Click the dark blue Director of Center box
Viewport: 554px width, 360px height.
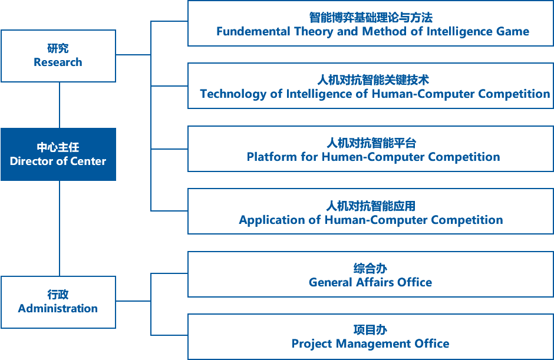pos(58,154)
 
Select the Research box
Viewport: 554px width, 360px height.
pos(58,56)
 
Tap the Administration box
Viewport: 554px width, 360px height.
pos(58,302)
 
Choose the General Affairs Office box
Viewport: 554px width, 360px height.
pos(370,275)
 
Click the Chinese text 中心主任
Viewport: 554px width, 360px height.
pos(58,147)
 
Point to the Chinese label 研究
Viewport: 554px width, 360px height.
pos(58,49)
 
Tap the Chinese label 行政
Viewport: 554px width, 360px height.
pos(58,295)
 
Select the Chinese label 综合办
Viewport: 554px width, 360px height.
pos(370,269)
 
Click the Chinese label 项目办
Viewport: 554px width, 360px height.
pos(370,330)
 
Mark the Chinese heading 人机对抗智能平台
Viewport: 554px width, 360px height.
pos(371,143)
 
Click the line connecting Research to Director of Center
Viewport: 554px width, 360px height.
pos(60,105)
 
